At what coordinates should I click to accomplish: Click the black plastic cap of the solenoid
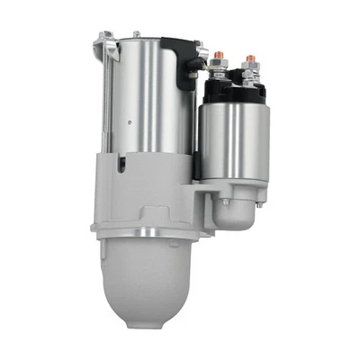coord(236,88)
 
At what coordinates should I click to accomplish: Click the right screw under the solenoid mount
coord(259,203)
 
